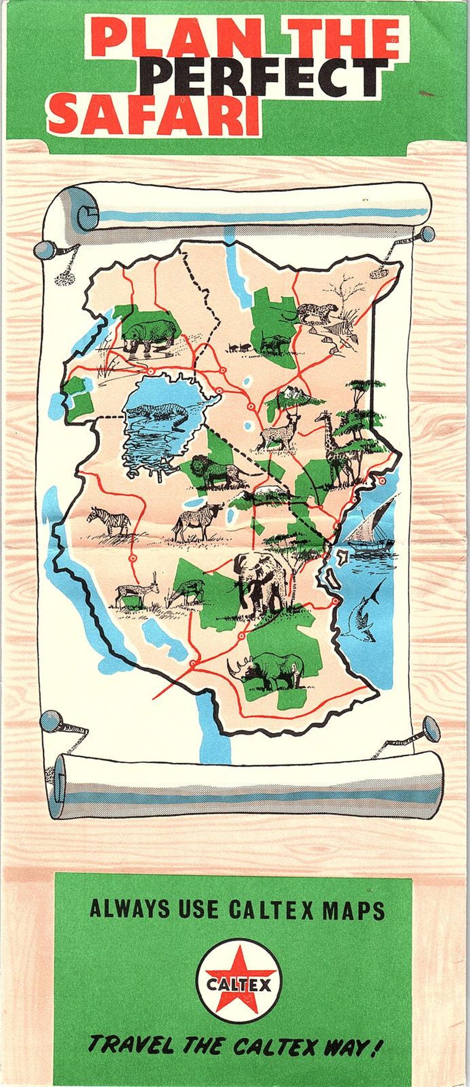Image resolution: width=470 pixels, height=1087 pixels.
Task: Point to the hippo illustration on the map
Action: pos(150,334)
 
